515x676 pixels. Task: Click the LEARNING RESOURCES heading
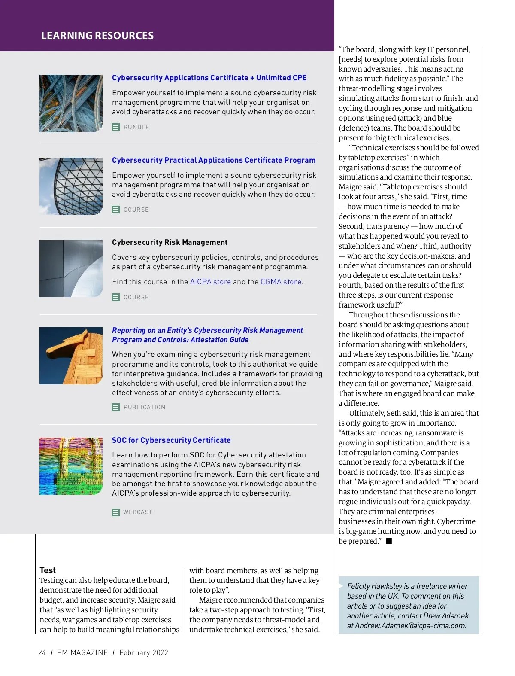(97, 36)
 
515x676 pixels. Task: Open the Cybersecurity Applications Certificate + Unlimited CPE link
(209, 78)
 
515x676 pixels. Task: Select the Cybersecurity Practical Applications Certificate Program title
(214, 160)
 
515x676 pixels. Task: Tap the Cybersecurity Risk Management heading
(170, 242)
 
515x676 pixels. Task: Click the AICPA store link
(210, 282)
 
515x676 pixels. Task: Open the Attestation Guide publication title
(207, 335)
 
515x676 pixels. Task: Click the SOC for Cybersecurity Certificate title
(171, 440)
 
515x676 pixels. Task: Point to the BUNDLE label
(136, 127)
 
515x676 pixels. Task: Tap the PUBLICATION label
(144, 407)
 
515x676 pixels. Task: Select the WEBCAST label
(138, 512)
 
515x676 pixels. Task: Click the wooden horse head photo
(71, 356)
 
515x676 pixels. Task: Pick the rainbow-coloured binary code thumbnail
(71, 466)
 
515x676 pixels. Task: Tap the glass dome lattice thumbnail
(71, 186)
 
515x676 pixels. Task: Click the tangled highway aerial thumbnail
(71, 104)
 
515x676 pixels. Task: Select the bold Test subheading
(48, 570)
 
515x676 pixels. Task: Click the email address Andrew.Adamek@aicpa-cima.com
(410, 626)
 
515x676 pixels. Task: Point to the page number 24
(42, 652)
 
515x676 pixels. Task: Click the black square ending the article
(389, 541)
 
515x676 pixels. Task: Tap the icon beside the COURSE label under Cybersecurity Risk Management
(116, 297)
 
